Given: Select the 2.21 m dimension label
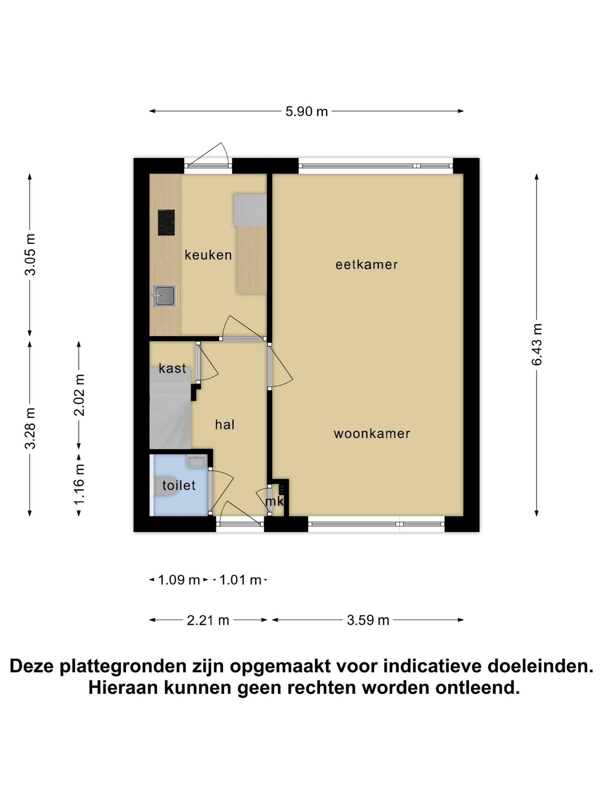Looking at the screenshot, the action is coord(208,620).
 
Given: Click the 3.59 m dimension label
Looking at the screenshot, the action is coord(368,620).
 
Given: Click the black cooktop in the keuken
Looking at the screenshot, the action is coord(166,223).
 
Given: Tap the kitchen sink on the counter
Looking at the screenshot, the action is coord(164,296).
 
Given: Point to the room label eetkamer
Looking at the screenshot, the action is coord(366,265).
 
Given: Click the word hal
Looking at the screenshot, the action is coord(225,425).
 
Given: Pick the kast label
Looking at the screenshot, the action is coord(172,369).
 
